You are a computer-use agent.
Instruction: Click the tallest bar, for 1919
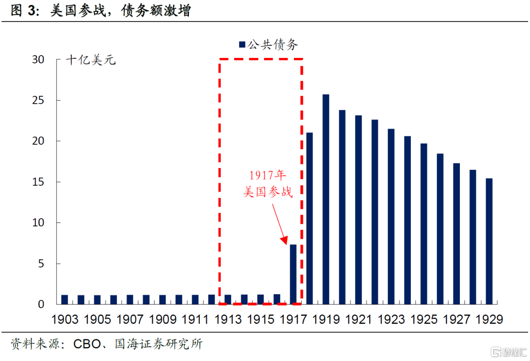[x=326, y=199]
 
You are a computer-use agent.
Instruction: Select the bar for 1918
[x=309, y=218]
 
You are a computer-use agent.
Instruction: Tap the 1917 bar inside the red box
[x=293, y=274]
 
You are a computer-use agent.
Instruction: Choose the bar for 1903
[x=64, y=300]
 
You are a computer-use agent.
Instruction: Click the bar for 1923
[x=391, y=216]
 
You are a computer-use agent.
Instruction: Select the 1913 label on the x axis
[x=228, y=319]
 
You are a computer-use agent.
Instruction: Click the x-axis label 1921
[x=358, y=319]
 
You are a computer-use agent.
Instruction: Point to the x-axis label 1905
[x=97, y=319]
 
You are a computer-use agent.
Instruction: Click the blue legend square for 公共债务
[x=242, y=45]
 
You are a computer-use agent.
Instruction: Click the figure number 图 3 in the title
[x=25, y=11]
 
